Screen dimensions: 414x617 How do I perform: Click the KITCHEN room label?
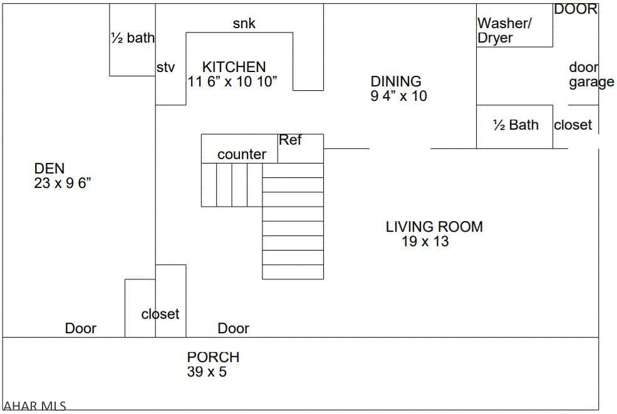coord(234,66)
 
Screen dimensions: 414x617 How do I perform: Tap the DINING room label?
coord(396,81)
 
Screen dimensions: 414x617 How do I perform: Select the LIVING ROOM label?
coord(434,227)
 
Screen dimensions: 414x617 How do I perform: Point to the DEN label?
coord(49,168)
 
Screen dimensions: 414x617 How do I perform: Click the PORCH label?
coord(213,357)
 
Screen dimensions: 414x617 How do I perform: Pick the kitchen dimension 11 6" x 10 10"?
coord(232,81)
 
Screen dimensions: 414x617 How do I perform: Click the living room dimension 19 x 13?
coord(425,242)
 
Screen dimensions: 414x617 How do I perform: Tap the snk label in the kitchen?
coord(244,24)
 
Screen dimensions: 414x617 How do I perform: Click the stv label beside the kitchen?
coord(165,68)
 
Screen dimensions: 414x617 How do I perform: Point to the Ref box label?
coord(290,140)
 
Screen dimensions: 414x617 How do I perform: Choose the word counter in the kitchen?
coord(242,154)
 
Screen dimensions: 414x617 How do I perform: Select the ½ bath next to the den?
coord(132,38)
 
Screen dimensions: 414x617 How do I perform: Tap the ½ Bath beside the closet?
coord(516,125)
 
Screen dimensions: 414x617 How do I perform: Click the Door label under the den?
coord(81,328)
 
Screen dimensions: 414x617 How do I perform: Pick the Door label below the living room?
coord(233,328)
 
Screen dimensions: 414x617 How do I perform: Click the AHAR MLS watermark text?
coord(34,406)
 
